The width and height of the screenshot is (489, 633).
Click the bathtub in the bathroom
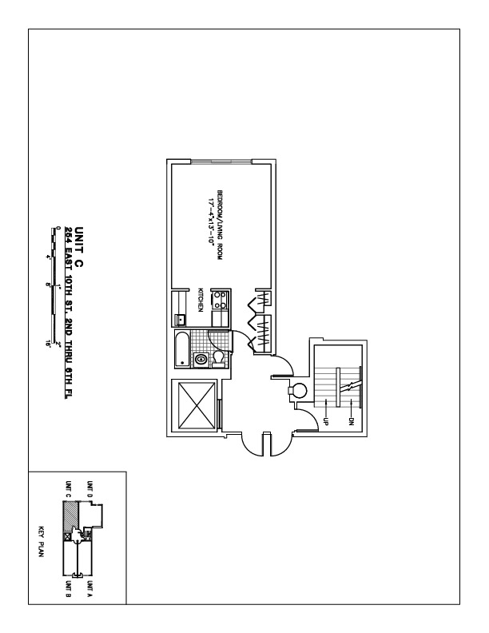pos(183,351)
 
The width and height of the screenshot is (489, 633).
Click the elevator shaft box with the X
pos(195,405)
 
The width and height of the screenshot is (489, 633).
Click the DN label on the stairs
pos(352,419)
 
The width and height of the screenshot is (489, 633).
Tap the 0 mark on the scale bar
pos(58,229)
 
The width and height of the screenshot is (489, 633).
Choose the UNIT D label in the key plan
pos(89,489)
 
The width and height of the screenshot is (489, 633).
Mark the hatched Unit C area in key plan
pos(70,517)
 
